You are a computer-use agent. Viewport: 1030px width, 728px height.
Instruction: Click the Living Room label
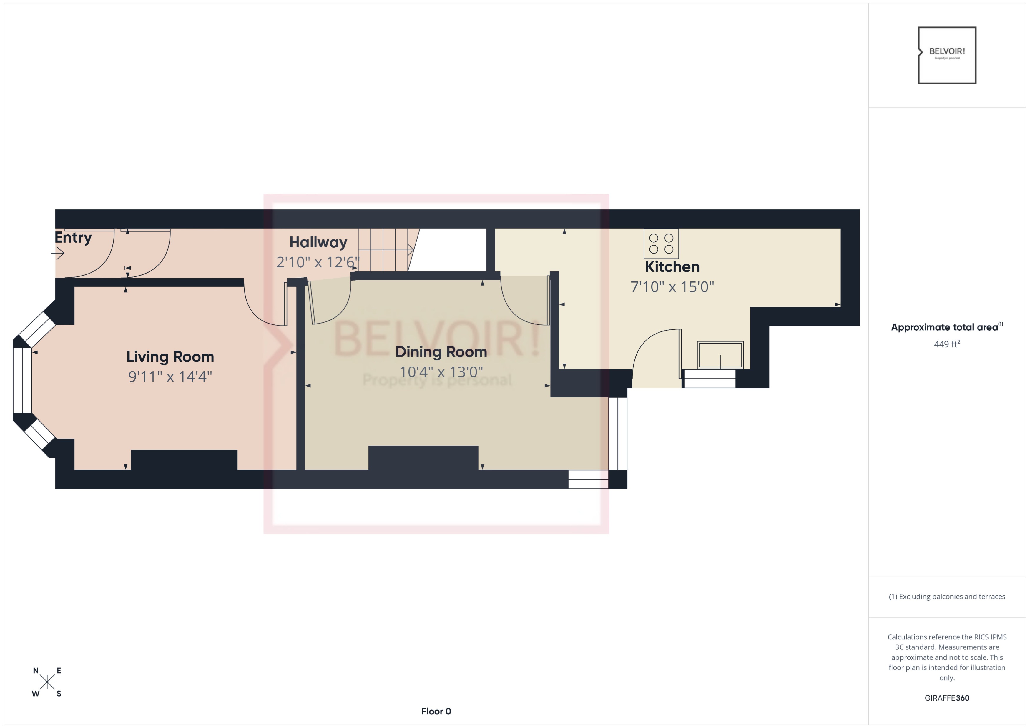point(170,357)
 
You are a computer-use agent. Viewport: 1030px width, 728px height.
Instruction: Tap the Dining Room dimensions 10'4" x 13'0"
point(441,372)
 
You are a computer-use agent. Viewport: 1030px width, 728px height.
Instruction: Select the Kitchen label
point(672,267)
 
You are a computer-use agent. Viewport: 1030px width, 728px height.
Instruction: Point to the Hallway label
point(318,242)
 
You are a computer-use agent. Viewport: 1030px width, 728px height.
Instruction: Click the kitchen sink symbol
point(720,355)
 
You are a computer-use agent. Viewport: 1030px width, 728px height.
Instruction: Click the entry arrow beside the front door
point(58,254)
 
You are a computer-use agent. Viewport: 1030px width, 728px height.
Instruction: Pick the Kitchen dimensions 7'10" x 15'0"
point(672,287)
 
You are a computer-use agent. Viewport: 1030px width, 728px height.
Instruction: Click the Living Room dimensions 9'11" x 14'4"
point(170,377)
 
